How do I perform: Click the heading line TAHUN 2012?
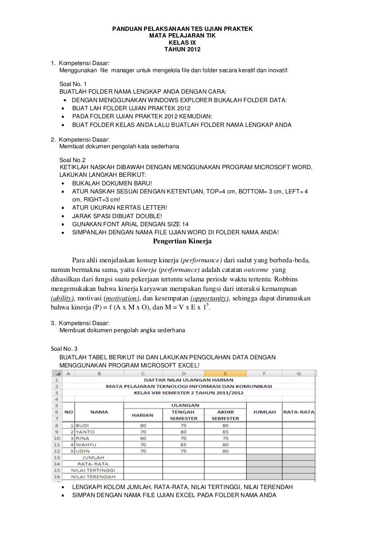[182, 49]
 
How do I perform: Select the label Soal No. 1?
[73, 84]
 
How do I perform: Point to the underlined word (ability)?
[62, 298]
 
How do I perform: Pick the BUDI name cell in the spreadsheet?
[83, 425]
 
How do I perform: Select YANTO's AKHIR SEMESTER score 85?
[225, 432]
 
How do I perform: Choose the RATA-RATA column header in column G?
[298, 412]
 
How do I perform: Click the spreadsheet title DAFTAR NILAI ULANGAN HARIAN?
[188, 380]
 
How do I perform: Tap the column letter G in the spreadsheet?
[298, 374]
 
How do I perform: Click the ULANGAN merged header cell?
[184, 405]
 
